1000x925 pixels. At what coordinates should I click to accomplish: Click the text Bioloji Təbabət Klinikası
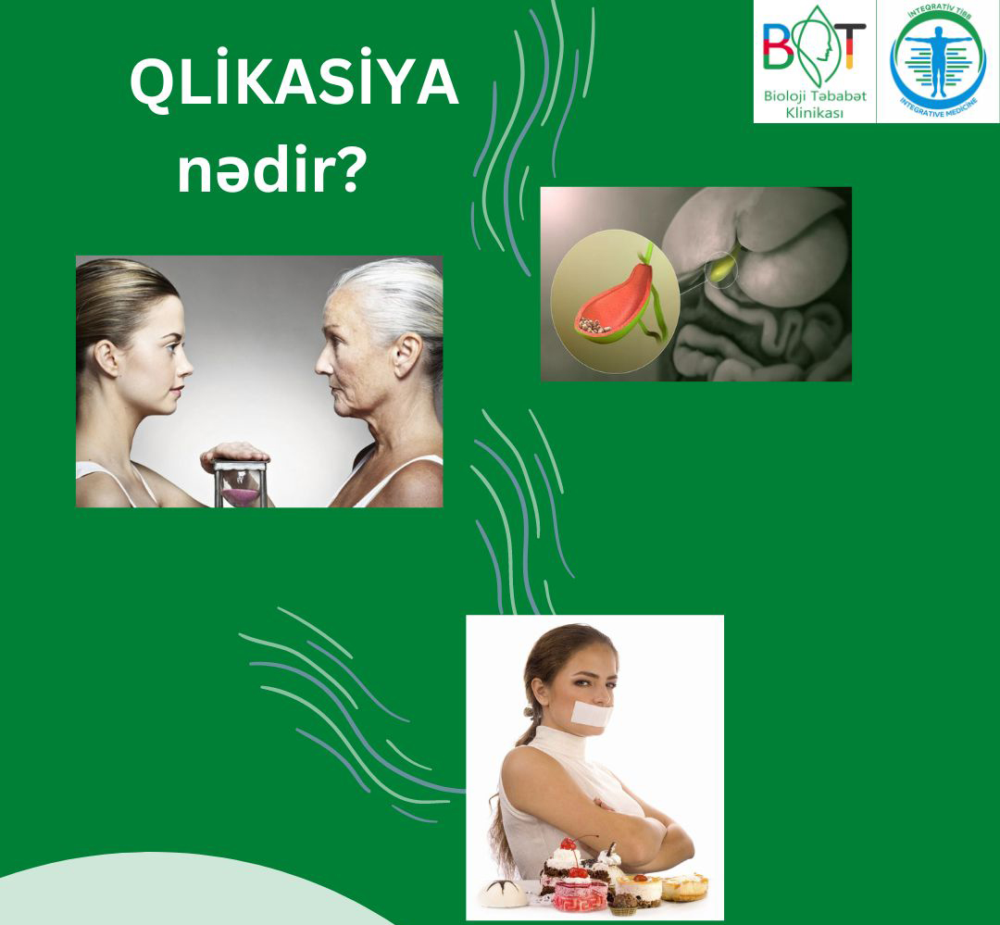(x=815, y=104)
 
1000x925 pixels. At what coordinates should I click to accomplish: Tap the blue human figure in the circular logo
(x=938, y=60)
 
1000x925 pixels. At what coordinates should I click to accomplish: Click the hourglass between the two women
(x=240, y=484)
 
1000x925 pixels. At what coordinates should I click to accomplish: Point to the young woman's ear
(x=106, y=357)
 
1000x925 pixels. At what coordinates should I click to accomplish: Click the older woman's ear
(x=406, y=355)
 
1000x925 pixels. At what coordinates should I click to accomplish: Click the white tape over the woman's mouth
(x=591, y=713)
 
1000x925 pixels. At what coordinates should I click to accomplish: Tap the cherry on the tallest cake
(x=568, y=844)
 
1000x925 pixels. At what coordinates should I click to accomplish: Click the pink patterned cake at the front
(x=579, y=894)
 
